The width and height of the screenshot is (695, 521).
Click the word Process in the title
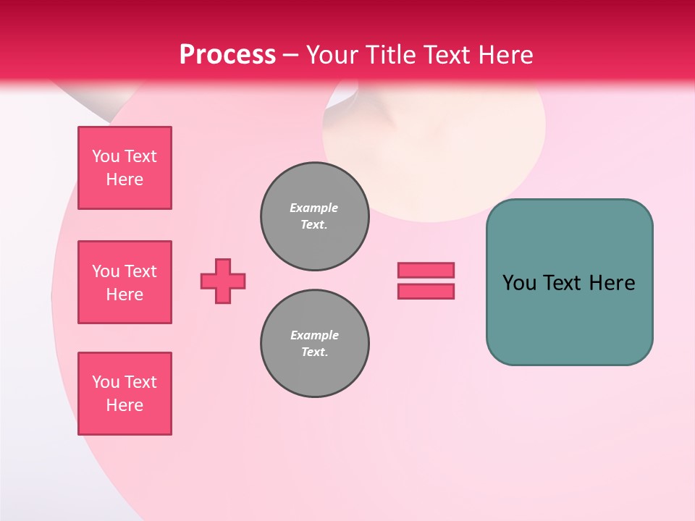click(227, 55)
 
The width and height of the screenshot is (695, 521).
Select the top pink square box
click(125, 168)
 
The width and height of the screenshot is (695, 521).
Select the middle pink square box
click(125, 282)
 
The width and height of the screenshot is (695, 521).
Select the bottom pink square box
click(125, 394)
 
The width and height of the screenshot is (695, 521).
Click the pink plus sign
click(223, 281)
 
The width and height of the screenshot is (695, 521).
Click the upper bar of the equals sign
click(426, 270)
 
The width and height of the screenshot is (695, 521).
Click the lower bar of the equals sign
click(426, 291)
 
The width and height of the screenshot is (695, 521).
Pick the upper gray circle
click(314, 216)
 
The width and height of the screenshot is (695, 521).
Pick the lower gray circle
click(314, 344)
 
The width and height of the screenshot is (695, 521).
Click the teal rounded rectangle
click(569, 318)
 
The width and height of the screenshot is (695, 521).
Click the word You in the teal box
click(519, 283)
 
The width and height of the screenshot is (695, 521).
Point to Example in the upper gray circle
click(314, 208)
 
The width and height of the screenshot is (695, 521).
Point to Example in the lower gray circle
click(314, 335)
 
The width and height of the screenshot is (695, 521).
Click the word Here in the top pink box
click(125, 179)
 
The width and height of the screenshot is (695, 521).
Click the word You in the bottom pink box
click(106, 382)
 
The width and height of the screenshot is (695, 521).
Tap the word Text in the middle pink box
click(141, 271)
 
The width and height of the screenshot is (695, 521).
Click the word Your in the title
click(333, 55)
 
